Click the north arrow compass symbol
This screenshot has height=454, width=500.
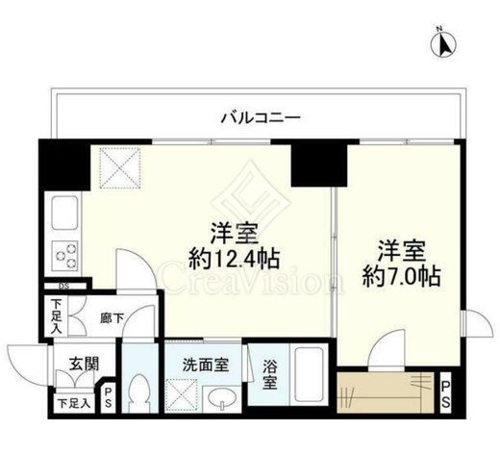point(443,44)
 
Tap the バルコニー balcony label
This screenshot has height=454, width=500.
point(261,117)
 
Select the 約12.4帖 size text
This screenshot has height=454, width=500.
point(235,259)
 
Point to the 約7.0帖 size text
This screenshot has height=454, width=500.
point(401,276)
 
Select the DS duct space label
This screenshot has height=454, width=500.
point(63,287)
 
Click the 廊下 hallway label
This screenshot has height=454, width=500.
point(112,318)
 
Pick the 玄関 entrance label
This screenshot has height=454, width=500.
point(84,364)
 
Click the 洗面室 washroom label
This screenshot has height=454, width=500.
point(206,365)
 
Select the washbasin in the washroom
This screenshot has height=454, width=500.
point(222,399)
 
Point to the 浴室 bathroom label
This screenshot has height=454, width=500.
point(269,374)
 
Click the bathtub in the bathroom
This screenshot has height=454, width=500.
point(309,375)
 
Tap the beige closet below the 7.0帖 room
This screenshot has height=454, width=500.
point(386,392)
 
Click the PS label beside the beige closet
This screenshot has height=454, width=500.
point(446,393)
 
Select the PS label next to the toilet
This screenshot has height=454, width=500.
point(109,397)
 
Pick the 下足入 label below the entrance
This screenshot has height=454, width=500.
point(74,404)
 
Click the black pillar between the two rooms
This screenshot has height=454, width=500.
point(319,165)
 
